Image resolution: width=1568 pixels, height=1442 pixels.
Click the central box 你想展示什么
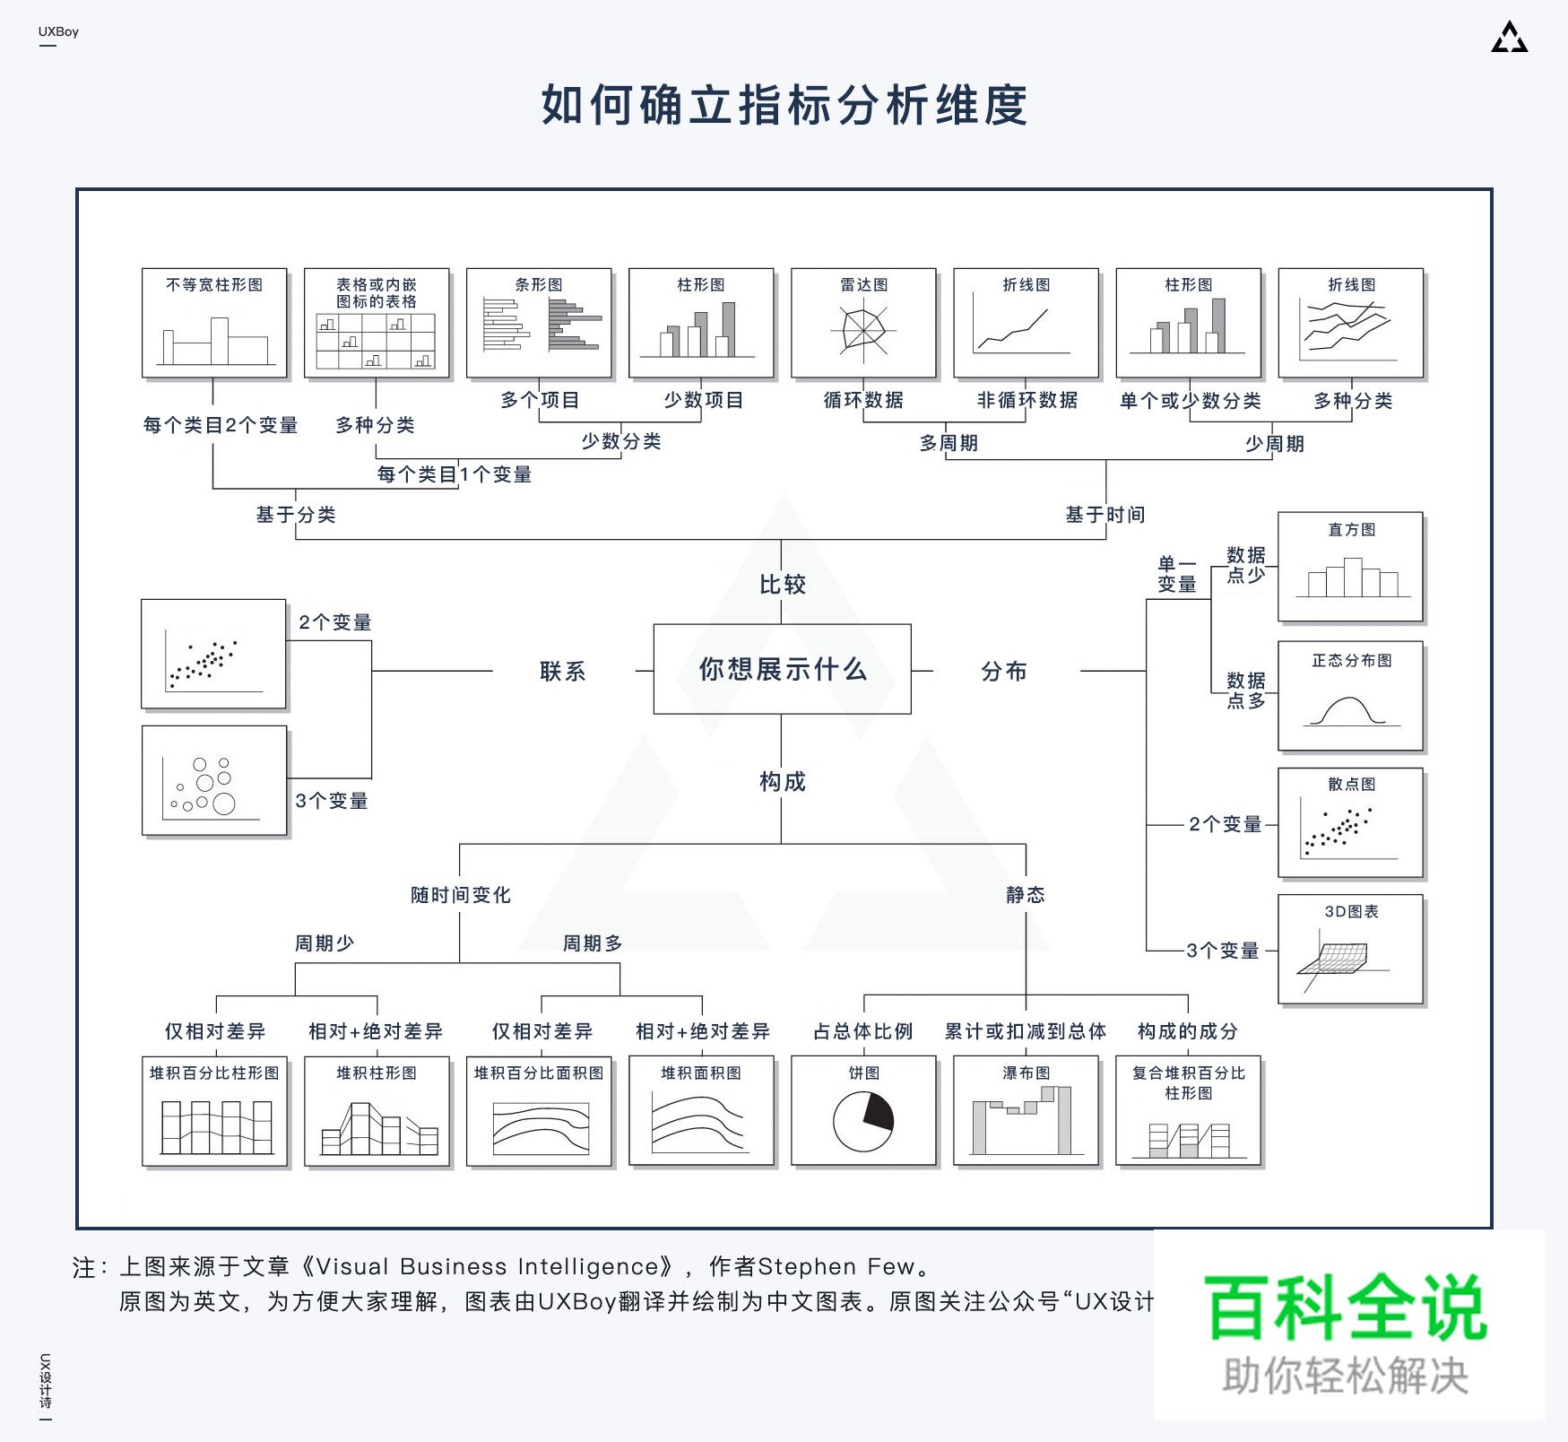782,669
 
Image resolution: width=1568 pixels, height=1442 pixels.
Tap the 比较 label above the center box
782,585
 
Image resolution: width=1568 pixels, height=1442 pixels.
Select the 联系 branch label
562,671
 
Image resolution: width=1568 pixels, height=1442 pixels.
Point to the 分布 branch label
1003,671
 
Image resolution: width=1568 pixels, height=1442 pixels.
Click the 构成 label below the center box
782,781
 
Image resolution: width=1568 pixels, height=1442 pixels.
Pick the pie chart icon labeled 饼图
863,1112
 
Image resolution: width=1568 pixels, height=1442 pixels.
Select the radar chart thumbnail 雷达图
863,323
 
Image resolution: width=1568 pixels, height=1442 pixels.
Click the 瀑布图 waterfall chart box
1026,1112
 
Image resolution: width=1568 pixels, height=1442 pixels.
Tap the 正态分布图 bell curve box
1350,696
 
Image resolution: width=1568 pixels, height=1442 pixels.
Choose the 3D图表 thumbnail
1350,949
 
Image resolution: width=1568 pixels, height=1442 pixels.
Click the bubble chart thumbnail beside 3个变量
214,781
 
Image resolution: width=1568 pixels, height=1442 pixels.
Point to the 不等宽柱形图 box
214,323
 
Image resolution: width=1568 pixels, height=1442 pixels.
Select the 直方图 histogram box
1350,567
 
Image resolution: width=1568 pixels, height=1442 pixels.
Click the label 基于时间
1105,515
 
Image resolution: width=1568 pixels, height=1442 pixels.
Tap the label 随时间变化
460,895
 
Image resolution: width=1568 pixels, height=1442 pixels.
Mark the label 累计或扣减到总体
1025,1031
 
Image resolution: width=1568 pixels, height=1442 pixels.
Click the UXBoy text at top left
58,31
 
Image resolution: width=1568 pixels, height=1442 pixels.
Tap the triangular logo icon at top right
1509,38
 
